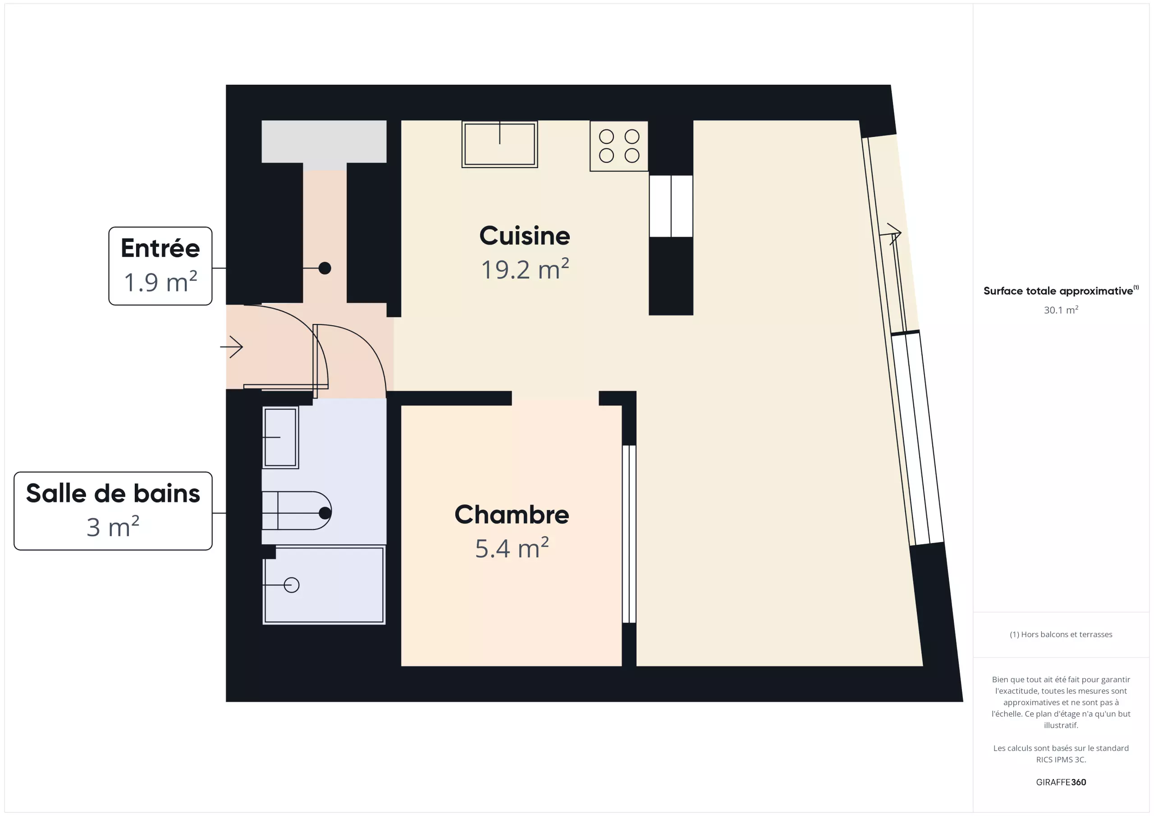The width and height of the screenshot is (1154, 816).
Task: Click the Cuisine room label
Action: point(525,236)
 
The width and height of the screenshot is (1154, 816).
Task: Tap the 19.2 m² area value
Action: point(525,269)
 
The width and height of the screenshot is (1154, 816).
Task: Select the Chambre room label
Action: point(512,515)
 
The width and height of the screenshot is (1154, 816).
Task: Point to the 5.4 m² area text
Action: point(512,548)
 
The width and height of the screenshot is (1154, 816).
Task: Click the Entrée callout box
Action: point(160,266)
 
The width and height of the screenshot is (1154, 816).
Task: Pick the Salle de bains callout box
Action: point(113,511)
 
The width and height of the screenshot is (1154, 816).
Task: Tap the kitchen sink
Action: point(499,144)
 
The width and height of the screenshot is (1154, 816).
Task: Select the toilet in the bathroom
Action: point(297,511)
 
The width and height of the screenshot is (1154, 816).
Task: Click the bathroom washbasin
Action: point(280,438)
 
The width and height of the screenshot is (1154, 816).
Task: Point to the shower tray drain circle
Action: point(292,585)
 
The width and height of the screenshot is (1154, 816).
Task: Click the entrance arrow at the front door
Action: point(232,346)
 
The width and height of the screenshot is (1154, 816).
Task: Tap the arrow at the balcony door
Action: point(891,234)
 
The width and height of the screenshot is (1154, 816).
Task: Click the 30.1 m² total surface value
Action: point(1061,310)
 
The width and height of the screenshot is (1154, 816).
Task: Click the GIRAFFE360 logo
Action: point(1061,782)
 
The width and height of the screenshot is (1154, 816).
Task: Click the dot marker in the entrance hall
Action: point(325,268)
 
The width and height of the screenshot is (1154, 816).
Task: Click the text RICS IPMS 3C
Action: point(1061,759)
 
